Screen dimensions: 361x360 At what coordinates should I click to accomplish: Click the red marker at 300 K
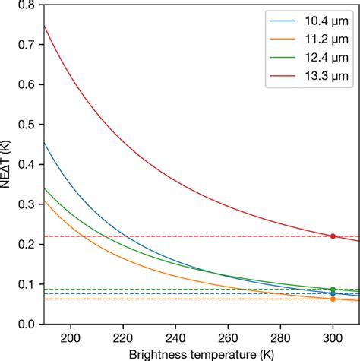(x=333, y=236)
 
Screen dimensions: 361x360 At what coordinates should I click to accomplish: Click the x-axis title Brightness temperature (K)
(x=201, y=353)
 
